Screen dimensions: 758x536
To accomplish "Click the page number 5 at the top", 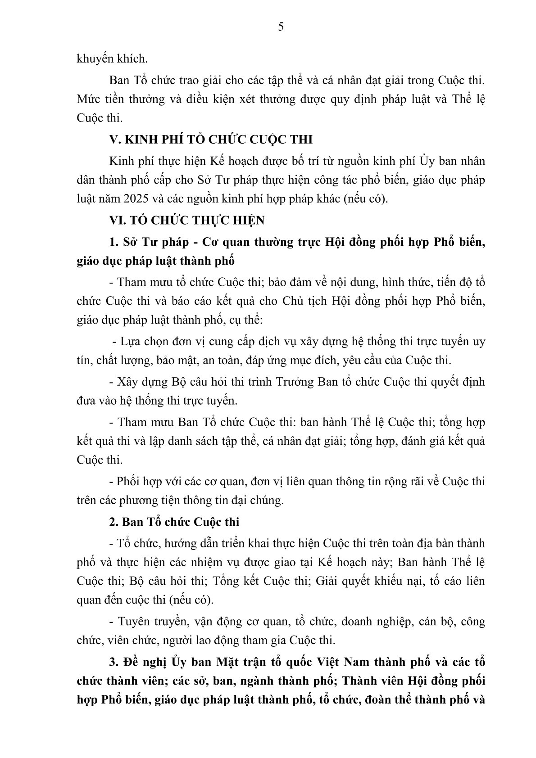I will pyautogui.click(x=281, y=27).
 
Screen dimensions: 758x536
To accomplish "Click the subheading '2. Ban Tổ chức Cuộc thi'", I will pyautogui.click(x=174, y=522).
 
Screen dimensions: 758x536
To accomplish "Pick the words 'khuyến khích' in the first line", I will pyautogui.click(x=105, y=59).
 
